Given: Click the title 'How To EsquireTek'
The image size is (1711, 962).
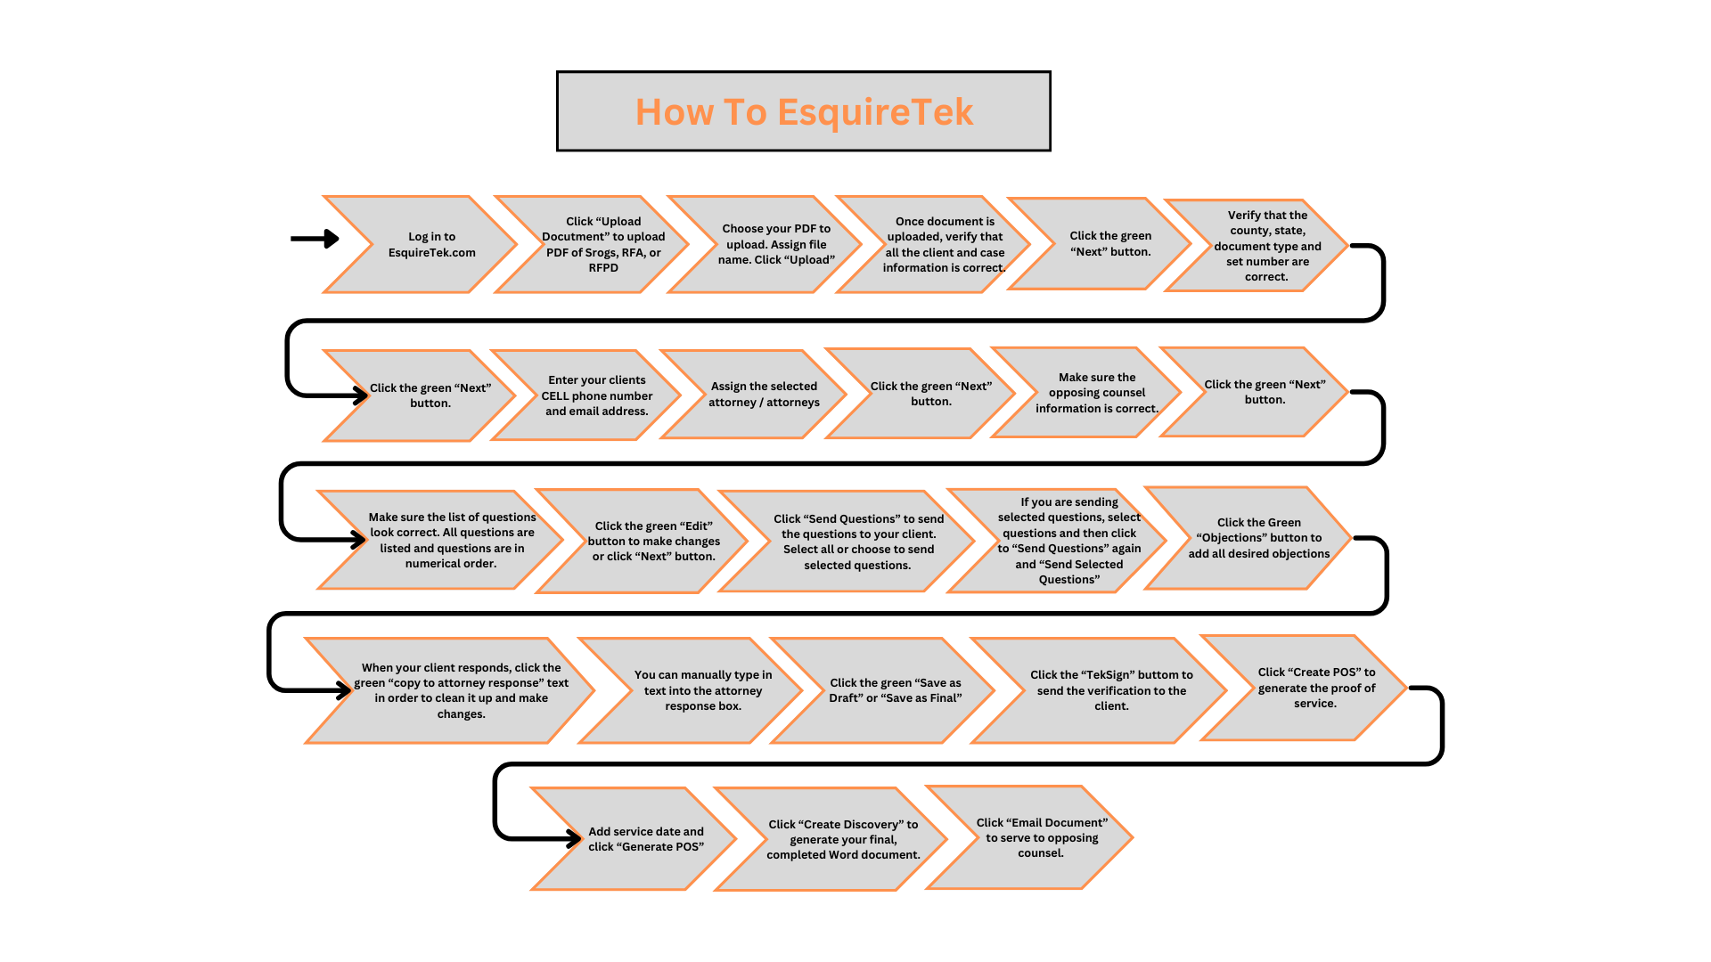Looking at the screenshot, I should pos(804,112).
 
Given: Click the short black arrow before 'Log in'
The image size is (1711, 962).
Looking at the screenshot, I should pos(315,239).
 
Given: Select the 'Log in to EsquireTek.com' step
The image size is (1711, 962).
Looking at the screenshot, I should pos(431,245).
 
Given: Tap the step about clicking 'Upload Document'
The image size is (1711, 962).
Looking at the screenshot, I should pos(603,245).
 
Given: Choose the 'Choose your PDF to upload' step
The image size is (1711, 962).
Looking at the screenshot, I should pos(776,245).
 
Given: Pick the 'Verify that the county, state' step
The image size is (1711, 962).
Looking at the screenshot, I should pos(1266,246).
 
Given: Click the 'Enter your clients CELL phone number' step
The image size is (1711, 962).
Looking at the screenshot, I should pos(596,395).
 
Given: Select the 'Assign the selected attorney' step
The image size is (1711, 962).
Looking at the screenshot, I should pos(764,395).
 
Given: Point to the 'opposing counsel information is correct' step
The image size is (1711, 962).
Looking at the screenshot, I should pos(1096,393).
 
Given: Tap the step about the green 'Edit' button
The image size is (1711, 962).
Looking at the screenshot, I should pos(654,542).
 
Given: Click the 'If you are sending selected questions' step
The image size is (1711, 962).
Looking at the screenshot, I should pos(1068,541).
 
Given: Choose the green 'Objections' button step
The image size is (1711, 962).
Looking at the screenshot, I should pos(1258,538).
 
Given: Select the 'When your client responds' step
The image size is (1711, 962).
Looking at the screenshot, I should pos(461,690).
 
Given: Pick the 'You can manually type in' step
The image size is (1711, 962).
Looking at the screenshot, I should pos(702,690).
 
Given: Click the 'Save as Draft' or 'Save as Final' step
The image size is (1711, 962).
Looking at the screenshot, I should pos(895,690).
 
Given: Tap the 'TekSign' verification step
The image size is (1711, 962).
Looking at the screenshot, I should pos(1111,690).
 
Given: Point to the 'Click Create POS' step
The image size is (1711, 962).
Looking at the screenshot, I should pos(1315,688).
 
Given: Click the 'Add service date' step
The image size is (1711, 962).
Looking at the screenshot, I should pos(645,839).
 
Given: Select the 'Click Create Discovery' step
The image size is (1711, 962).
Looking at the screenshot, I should pos(843,839).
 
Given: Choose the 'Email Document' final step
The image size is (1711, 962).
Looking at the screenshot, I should pos(1041,837).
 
